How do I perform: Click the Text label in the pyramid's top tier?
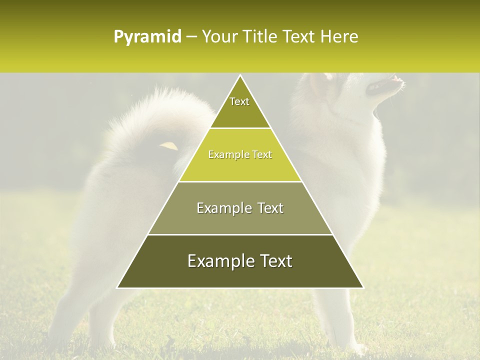[x=239, y=101]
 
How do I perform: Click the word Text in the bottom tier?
[x=274, y=261]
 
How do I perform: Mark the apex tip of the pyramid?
[x=240, y=75]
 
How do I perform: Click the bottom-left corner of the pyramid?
[x=117, y=287]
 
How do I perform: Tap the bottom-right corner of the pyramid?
[x=363, y=287]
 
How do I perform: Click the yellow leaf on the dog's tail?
[x=169, y=145]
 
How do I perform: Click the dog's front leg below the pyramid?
[x=340, y=320]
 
